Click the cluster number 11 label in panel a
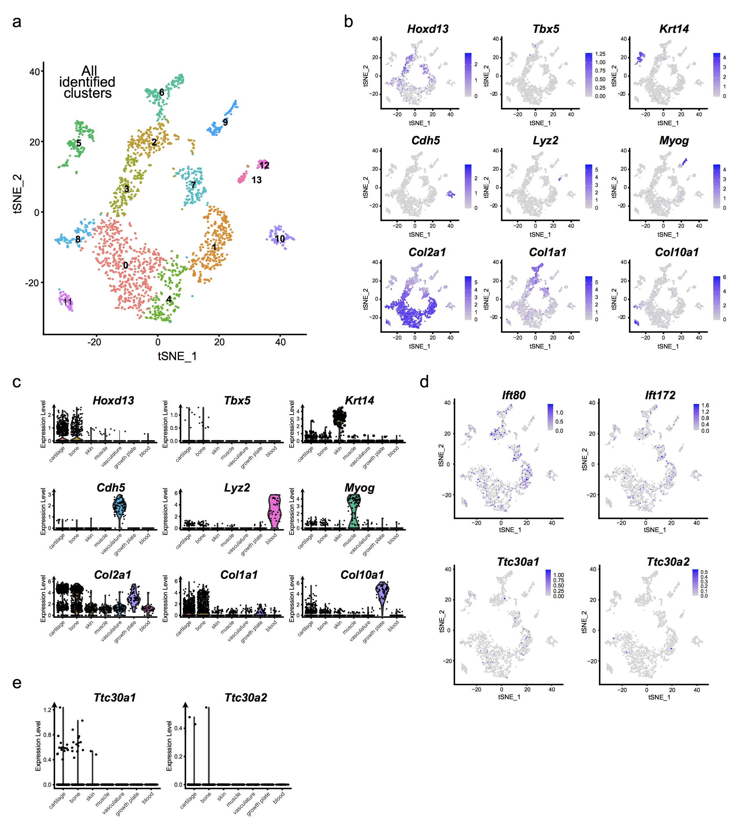[67, 302]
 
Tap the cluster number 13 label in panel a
[256, 180]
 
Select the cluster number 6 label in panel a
[162, 93]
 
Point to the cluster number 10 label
[280, 239]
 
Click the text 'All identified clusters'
[87, 82]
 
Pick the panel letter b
[348, 21]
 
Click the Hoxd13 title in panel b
[428, 29]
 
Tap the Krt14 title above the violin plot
[359, 401]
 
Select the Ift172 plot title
[660, 395]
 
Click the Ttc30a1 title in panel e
[114, 698]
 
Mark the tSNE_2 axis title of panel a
[17, 194]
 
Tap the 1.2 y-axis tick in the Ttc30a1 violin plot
[47, 710]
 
